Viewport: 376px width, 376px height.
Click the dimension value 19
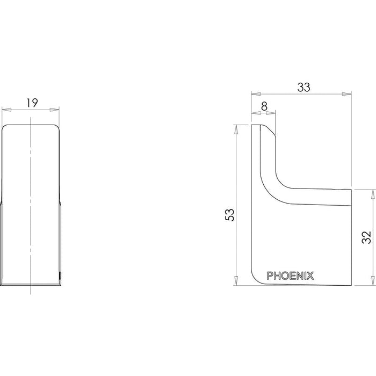click(x=32, y=103)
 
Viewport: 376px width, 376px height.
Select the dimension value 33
click(x=303, y=87)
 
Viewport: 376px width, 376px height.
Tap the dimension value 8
click(x=264, y=106)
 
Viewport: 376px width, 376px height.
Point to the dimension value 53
click(x=229, y=215)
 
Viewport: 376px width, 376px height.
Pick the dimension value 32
click(x=366, y=237)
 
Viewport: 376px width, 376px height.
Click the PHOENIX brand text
click(x=290, y=276)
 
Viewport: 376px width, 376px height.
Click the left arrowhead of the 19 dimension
click(x=6, y=110)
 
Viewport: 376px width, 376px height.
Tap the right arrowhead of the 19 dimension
click(x=54, y=110)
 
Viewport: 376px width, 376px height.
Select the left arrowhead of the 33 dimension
click(x=256, y=94)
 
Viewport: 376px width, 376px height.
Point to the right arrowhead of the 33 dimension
click(x=347, y=94)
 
